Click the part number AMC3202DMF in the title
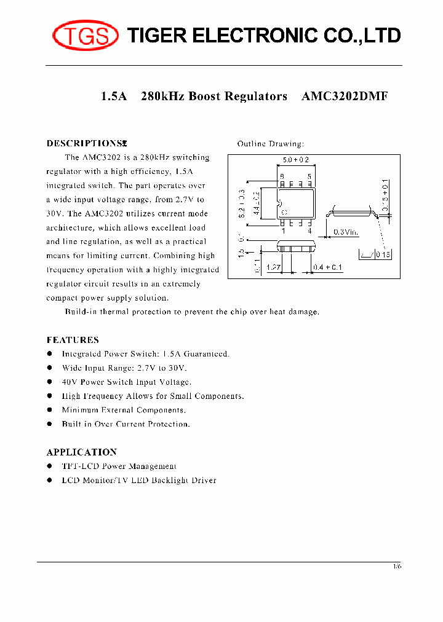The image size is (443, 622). [345, 96]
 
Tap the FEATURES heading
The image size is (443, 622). [73, 340]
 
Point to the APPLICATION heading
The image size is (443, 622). [82, 452]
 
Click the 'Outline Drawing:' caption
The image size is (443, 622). [271, 144]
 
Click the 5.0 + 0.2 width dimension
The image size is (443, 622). [295, 160]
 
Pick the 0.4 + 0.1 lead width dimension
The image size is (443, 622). [327, 268]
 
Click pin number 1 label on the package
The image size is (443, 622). [283, 232]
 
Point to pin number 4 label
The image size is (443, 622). [309, 232]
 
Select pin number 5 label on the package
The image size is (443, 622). [309, 176]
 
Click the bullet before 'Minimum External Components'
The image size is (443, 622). [50, 410]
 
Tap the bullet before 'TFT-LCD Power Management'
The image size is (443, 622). [50, 466]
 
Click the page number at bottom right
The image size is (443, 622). [397, 566]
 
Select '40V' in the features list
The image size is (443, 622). [70, 382]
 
